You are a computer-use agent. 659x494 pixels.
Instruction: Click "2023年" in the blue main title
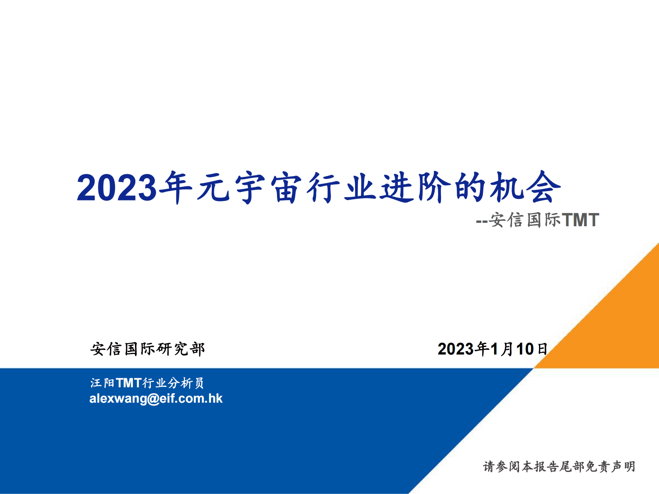point(134,188)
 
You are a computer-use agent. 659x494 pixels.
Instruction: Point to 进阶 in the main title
point(416,188)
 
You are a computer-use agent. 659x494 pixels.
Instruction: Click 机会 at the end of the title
point(525,188)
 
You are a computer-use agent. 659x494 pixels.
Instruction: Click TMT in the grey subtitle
point(580,220)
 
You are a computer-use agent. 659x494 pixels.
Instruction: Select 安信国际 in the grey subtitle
point(524,220)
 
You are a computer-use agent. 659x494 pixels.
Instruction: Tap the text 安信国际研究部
point(147,349)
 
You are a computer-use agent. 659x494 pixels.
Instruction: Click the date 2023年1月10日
point(492,349)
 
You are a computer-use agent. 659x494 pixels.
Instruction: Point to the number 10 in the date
point(524,349)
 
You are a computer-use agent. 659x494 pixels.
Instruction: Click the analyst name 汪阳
point(102,383)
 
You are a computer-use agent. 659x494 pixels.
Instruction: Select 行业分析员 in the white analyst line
point(173,383)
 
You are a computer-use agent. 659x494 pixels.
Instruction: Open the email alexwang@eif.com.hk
point(156,399)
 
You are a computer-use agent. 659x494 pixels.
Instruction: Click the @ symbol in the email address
point(153,399)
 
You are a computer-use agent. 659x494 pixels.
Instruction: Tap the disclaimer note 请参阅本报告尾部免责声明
point(559,467)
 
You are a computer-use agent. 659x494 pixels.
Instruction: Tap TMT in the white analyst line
point(129,383)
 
